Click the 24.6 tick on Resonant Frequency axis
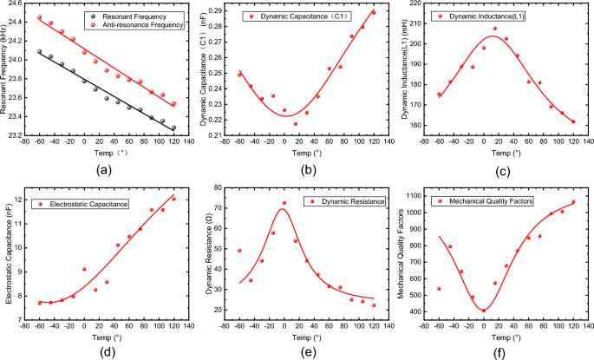(23, 4)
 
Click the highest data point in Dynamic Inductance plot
(495, 29)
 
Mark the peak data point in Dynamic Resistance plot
(284, 203)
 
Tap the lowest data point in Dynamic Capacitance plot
(295, 123)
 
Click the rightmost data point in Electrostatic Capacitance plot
(173, 199)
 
